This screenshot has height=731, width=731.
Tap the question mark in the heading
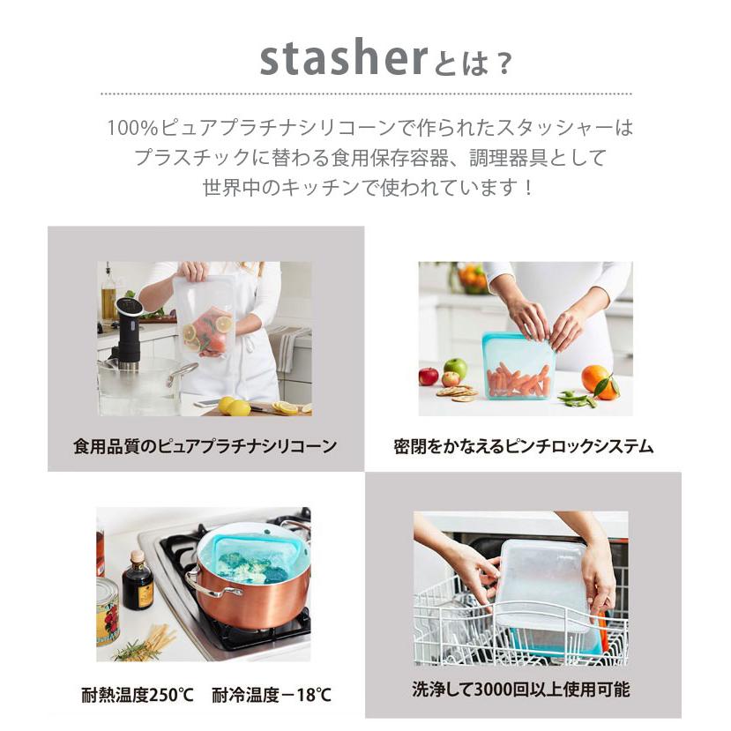click(501, 63)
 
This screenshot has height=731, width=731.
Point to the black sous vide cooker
click(128, 331)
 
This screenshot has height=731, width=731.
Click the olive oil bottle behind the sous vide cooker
click(108, 294)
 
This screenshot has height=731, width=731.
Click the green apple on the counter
click(455, 368)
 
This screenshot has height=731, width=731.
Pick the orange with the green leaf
click(598, 379)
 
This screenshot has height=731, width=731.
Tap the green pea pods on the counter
click(578, 399)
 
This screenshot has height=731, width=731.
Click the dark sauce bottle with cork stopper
click(137, 581)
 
